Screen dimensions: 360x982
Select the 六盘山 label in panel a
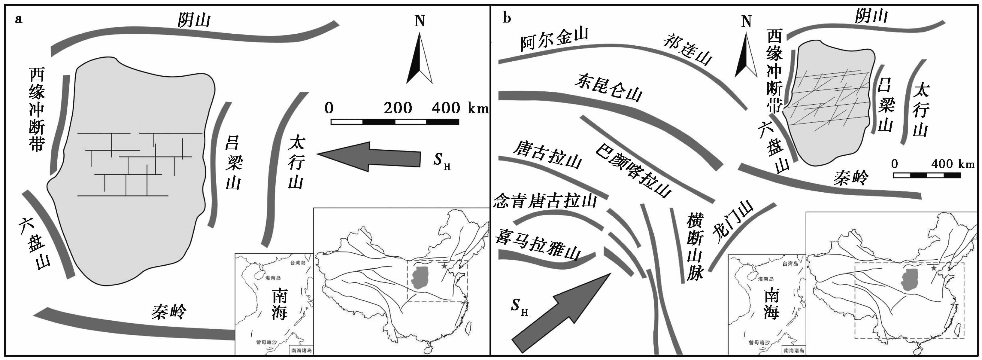pos(34,244)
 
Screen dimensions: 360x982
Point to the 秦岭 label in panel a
pos(169,311)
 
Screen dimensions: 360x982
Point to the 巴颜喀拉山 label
pos(633,170)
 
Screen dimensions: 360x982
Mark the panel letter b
pos(506,18)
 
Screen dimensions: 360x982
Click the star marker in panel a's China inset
pos(444,266)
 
